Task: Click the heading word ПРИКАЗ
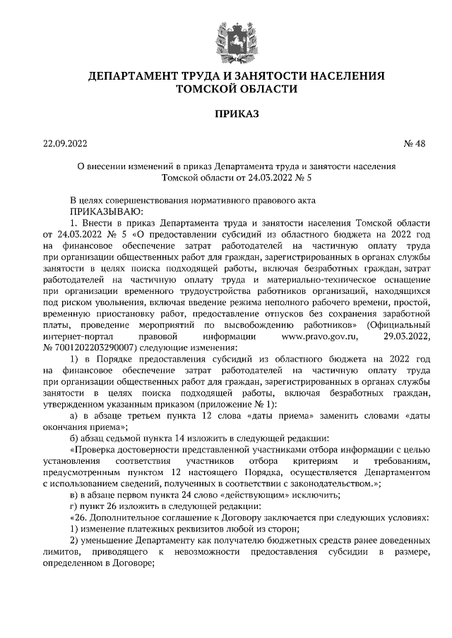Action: click(226, 112)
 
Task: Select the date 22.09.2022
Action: click(65, 144)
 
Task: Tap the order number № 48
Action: click(415, 144)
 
